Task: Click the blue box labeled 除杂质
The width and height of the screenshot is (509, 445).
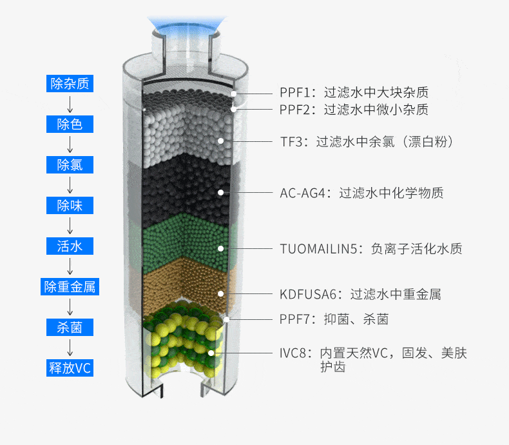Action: [70, 83]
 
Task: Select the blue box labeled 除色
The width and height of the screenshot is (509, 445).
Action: [70, 124]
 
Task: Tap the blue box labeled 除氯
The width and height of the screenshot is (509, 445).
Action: [70, 164]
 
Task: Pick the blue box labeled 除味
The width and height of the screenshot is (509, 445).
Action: [70, 205]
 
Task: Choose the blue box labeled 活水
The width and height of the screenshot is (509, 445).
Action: [70, 246]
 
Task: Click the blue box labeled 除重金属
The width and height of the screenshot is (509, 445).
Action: [70, 286]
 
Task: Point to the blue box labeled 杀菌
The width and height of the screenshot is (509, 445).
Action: [70, 327]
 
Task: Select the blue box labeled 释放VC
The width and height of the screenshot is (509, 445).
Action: [70, 368]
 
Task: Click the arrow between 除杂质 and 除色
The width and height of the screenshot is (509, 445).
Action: [70, 104]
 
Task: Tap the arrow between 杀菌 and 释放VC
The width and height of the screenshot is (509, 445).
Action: [70, 348]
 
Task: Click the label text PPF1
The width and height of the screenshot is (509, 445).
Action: [294, 93]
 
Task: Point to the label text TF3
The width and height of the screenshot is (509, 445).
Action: [291, 142]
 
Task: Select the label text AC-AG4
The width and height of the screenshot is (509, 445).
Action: [303, 193]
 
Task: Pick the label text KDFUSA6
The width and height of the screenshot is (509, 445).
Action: [308, 294]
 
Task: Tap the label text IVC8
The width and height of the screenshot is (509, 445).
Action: [293, 353]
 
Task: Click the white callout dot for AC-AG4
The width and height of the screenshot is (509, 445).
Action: [221, 193]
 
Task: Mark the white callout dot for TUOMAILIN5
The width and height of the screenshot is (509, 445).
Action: [221, 248]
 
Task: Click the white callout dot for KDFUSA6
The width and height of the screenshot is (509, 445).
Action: [221, 294]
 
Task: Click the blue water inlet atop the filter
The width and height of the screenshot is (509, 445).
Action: [187, 25]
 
